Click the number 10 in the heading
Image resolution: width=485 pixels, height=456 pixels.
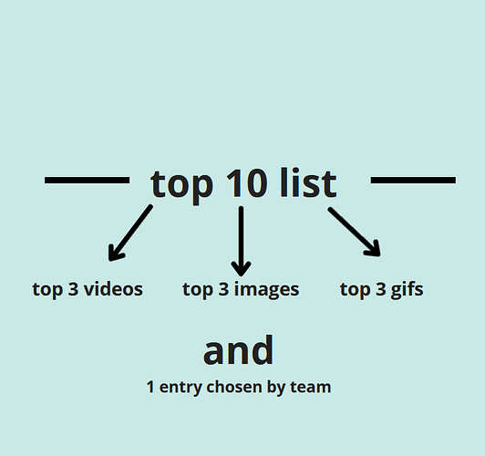pos(246,183)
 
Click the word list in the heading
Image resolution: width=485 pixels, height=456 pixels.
pos(308,182)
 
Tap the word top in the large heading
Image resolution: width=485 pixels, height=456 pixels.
pos(181,187)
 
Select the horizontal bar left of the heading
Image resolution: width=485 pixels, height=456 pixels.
pos(87,180)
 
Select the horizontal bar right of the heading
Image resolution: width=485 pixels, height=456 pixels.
pos(413,180)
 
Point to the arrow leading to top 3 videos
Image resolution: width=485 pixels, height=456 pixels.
pos(130,233)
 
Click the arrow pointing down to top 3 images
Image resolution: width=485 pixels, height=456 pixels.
pos(241,241)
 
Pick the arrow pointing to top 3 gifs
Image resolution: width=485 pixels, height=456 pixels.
pos(355,232)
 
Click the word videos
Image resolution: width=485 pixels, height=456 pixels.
pos(113,289)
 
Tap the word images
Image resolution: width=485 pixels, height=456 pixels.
pos(266,290)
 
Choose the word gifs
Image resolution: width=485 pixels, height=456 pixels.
pos(407,290)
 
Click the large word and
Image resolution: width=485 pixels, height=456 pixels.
pos(238,350)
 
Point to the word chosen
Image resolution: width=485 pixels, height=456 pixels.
pos(234,387)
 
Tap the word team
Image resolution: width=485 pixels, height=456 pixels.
pos(311,388)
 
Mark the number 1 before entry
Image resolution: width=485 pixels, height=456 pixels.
pos(150,387)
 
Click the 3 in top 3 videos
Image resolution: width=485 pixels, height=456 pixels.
pos(73,289)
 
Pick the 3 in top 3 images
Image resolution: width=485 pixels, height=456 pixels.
pos(223,289)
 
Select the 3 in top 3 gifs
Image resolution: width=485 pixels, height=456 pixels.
pos(381,289)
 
